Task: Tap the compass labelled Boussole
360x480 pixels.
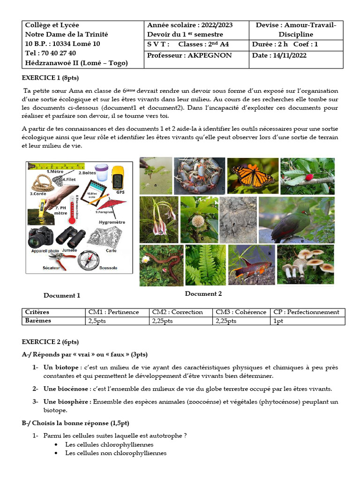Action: coord(87,261)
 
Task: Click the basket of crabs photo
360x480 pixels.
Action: coord(199,176)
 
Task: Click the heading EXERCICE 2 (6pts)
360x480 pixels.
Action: coord(51,342)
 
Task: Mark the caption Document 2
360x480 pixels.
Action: coord(203,294)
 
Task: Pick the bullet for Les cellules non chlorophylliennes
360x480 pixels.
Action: coord(56,453)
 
